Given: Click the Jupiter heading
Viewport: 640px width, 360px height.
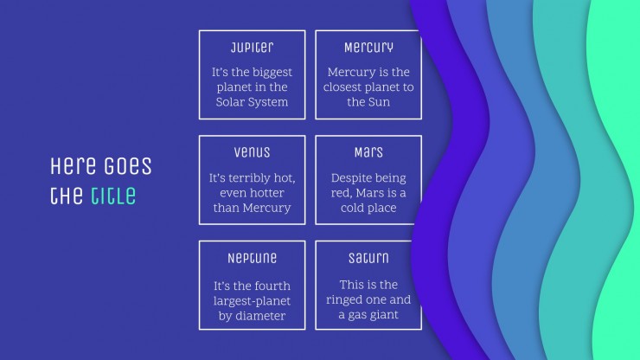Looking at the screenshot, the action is click(x=252, y=48).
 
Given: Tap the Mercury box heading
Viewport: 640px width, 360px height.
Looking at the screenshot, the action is click(x=368, y=48).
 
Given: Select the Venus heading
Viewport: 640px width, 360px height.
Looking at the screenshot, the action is click(x=252, y=152).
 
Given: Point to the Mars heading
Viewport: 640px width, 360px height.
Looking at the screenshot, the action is click(x=368, y=152).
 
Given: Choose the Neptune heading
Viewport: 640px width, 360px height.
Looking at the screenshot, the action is click(x=252, y=258).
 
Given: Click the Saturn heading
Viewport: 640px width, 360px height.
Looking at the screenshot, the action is click(x=368, y=258).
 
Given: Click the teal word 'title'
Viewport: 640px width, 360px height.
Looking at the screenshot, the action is click(x=113, y=196).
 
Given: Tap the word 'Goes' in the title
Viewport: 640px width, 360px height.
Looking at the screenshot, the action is click(x=127, y=166).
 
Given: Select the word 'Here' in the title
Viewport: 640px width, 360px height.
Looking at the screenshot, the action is click(x=73, y=166).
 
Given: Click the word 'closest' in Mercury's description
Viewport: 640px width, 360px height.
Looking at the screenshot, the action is click(x=342, y=87).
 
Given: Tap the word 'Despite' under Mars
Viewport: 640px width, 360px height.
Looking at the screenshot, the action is click(x=347, y=178).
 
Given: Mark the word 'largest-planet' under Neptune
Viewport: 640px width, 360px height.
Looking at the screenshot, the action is click(x=252, y=301).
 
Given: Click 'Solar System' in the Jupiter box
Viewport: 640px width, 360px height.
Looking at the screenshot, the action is click(x=252, y=102).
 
